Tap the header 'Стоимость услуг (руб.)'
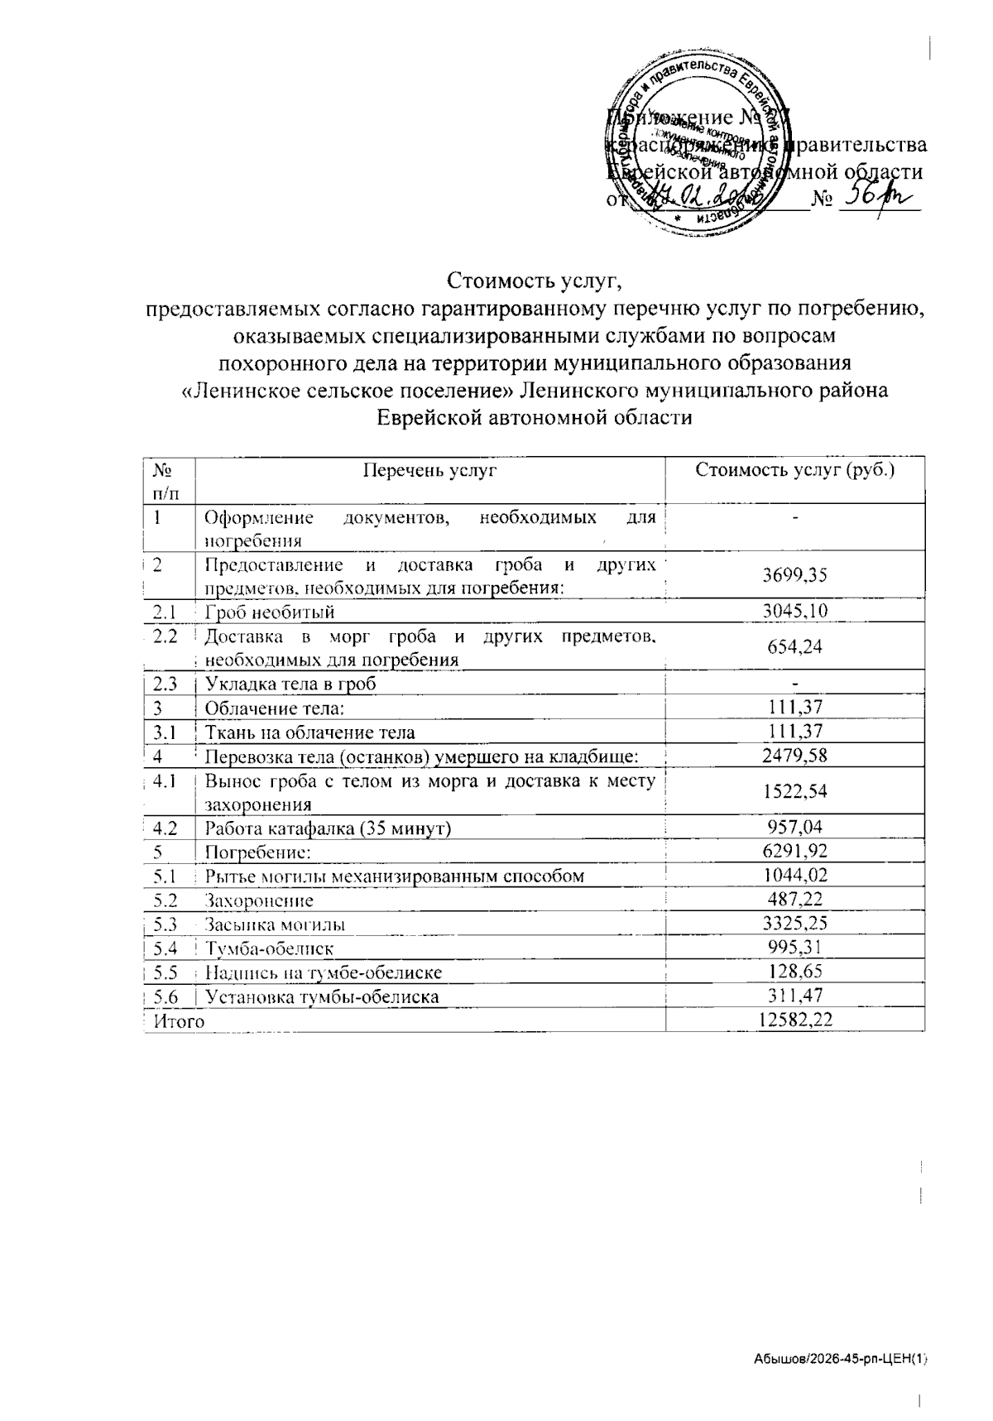click(794, 471)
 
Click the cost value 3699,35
click(794, 575)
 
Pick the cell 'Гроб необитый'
click(270, 612)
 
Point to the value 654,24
click(794, 646)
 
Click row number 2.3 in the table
click(166, 684)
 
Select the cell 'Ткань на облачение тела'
click(309, 732)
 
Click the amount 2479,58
click(794, 755)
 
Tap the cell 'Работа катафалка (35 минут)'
click(328, 827)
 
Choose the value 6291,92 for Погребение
click(794, 851)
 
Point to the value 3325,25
click(794, 924)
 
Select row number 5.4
click(166, 948)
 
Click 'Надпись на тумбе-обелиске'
click(323, 972)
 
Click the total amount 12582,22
click(794, 1020)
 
